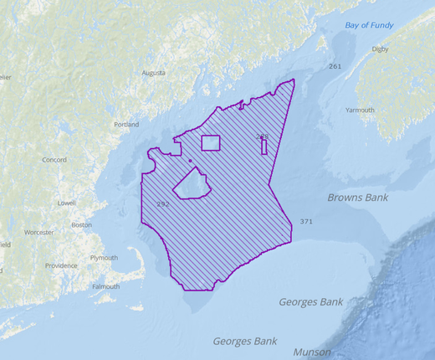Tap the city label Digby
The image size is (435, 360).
click(380, 49)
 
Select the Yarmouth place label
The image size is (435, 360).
click(361, 110)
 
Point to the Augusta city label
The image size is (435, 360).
click(154, 73)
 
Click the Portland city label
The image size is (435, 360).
click(126, 125)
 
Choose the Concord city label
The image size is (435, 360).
click(54, 159)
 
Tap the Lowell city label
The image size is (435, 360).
click(66, 203)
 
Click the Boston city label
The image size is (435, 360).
click(82, 224)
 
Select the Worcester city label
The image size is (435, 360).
click(38, 232)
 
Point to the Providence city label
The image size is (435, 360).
click(61, 265)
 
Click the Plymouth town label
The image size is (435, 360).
click(104, 258)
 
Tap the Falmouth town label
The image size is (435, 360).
click(105, 286)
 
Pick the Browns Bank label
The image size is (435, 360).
click(357, 198)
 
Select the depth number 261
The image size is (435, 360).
click(335, 66)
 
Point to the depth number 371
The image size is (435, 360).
click(306, 222)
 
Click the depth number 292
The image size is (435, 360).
click(163, 204)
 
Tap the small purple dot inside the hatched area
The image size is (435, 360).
click(190, 160)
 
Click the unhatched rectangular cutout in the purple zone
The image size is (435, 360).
click(210, 142)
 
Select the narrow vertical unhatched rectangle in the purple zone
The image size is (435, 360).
click(264, 147)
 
